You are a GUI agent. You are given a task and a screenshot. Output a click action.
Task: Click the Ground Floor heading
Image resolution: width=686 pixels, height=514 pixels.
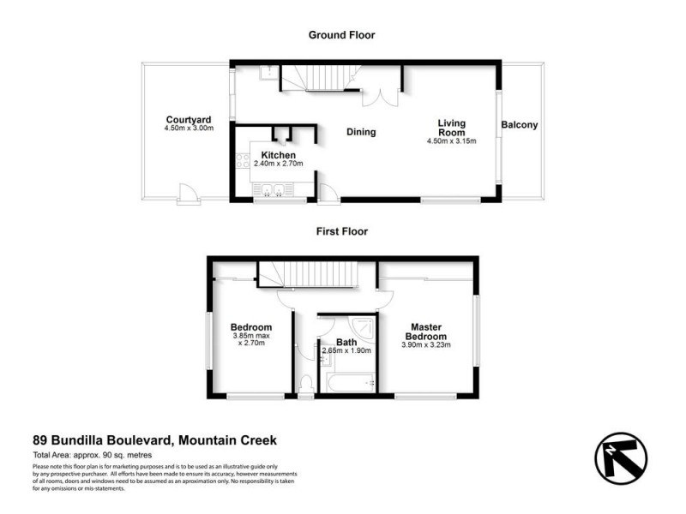tap(342, 35)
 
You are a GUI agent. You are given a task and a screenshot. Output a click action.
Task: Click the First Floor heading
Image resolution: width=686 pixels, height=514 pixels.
tap(342, 231)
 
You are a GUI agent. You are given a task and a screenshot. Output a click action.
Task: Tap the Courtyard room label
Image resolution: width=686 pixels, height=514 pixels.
tap(189, 119)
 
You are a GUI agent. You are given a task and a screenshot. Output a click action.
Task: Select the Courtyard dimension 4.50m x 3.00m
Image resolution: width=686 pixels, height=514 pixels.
tap(189, 128)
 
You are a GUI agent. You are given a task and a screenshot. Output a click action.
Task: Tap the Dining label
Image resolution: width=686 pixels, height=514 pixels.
tap(361, 132)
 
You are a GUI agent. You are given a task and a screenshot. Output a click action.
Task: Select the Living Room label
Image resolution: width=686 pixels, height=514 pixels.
tap(452, 128)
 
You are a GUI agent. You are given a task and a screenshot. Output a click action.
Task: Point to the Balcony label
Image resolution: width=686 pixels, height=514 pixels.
tap(520, 125)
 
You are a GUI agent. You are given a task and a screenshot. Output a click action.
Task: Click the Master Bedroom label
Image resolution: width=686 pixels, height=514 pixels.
tap(426, 332)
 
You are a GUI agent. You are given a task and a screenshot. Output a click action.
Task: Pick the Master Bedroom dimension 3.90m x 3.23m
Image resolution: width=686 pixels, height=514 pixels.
tap(426, 345)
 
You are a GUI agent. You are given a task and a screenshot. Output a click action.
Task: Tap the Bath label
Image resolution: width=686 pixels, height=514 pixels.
tap(346, 343)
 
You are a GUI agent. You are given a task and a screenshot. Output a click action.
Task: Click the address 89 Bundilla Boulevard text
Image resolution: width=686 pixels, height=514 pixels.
tap(154, 440)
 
